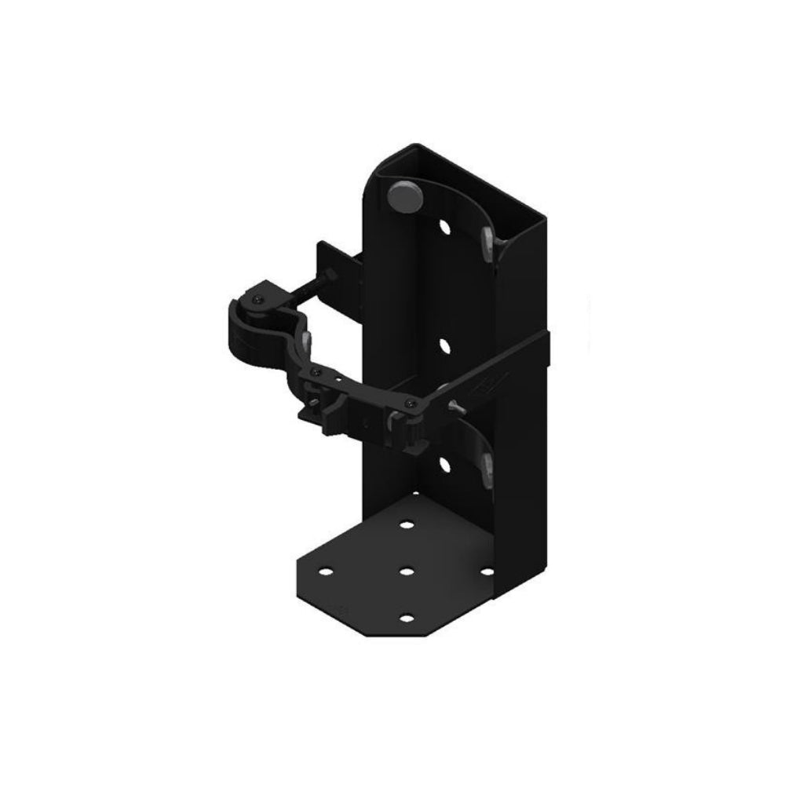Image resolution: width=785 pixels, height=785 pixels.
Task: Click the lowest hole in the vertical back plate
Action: pyautogui.click(x=445, y=464)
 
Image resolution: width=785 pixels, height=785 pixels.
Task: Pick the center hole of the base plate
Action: pyautogui.click(x=406, y=571)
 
